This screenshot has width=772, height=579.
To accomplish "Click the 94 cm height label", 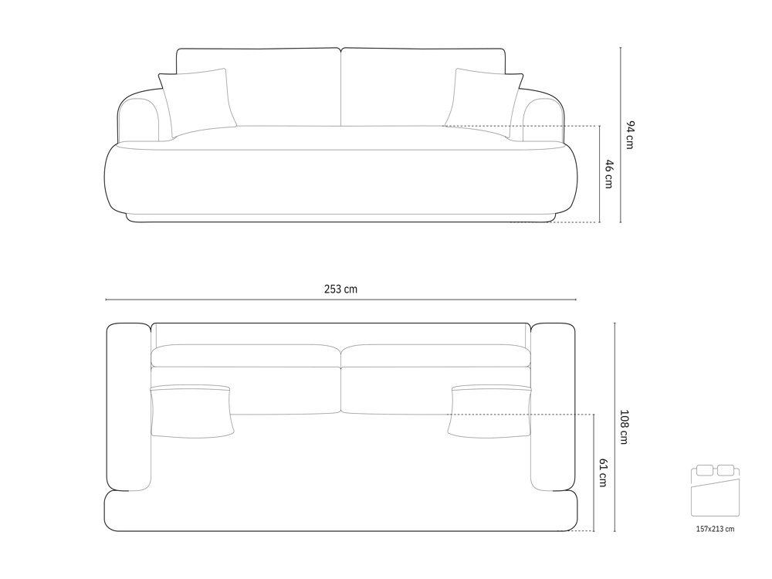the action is click(630, 134).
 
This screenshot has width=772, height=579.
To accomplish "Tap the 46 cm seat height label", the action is click(609, 174).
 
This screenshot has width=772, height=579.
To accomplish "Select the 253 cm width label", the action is click(340, 289).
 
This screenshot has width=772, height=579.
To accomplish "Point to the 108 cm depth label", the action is click(624, 427).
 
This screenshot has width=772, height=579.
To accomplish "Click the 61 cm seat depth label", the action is click(603, 472).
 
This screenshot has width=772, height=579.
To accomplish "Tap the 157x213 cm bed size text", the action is click(715, 530).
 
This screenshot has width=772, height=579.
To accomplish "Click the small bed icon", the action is click(716, 490).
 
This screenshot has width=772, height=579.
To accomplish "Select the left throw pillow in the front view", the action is click(197, 103).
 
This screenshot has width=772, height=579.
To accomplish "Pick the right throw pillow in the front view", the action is click(485, 103).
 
